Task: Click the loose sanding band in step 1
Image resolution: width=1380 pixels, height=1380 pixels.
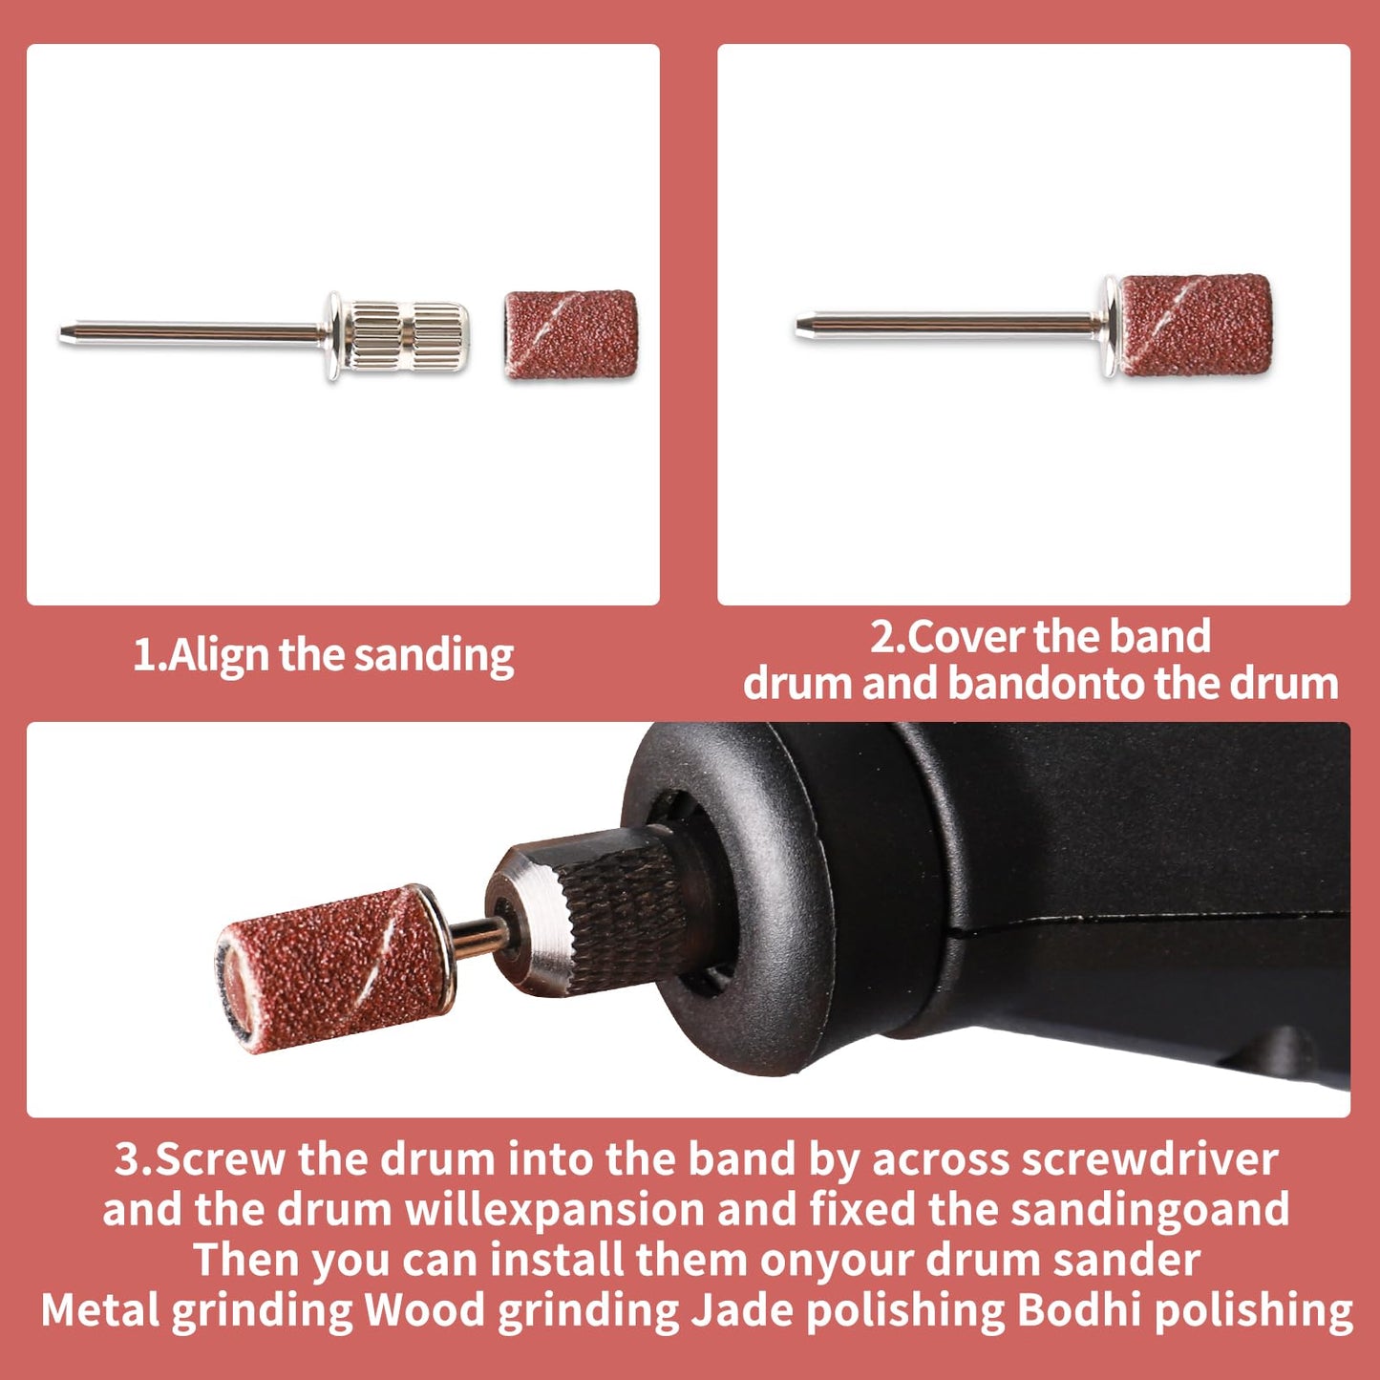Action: (x=571, y=334)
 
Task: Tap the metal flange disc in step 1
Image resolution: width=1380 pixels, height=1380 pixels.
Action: (x=333, y=335)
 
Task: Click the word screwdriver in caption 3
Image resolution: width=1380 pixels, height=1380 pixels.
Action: (x=1150, y=1158)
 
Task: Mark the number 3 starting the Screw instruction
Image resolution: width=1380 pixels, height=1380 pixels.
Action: (x=128, y=1158)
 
